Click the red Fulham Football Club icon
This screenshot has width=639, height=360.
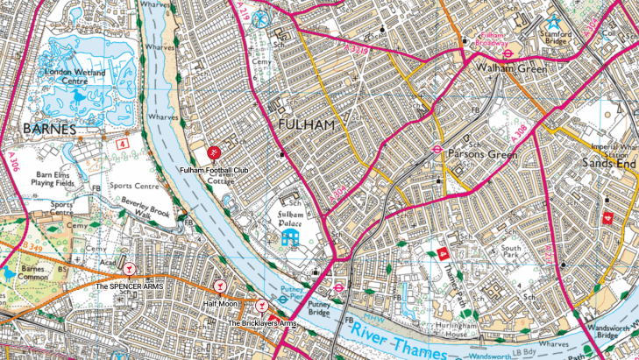(214, 154)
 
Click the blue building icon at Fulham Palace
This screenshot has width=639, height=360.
(291, 237)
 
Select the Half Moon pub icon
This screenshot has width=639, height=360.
(220, 286)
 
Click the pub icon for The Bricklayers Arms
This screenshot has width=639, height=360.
(260, 305)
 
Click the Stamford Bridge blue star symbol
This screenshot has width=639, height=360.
(552, 22)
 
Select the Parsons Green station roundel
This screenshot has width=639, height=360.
(435, 149)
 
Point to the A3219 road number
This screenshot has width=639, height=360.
(359, 51)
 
